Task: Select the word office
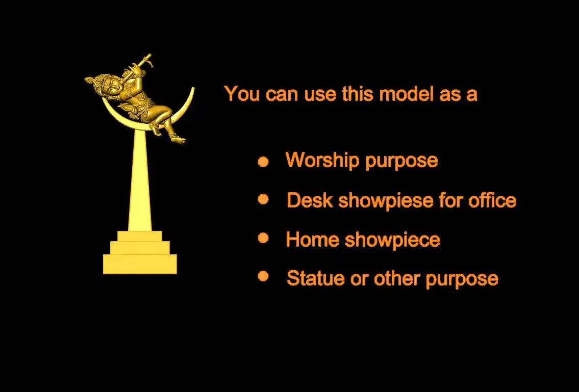pos(492,200)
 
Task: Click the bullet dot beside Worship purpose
pos(263,162)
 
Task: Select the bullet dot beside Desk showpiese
pos(263,199)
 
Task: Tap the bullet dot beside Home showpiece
pos(263,238)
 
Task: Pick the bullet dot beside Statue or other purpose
pos(263,276)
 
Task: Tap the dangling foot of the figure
pos(179,140)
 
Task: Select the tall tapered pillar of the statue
pos(140,181)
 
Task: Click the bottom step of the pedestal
pos(140,264)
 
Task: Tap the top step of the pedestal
pos(140,236)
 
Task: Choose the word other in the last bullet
pos(396,278)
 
